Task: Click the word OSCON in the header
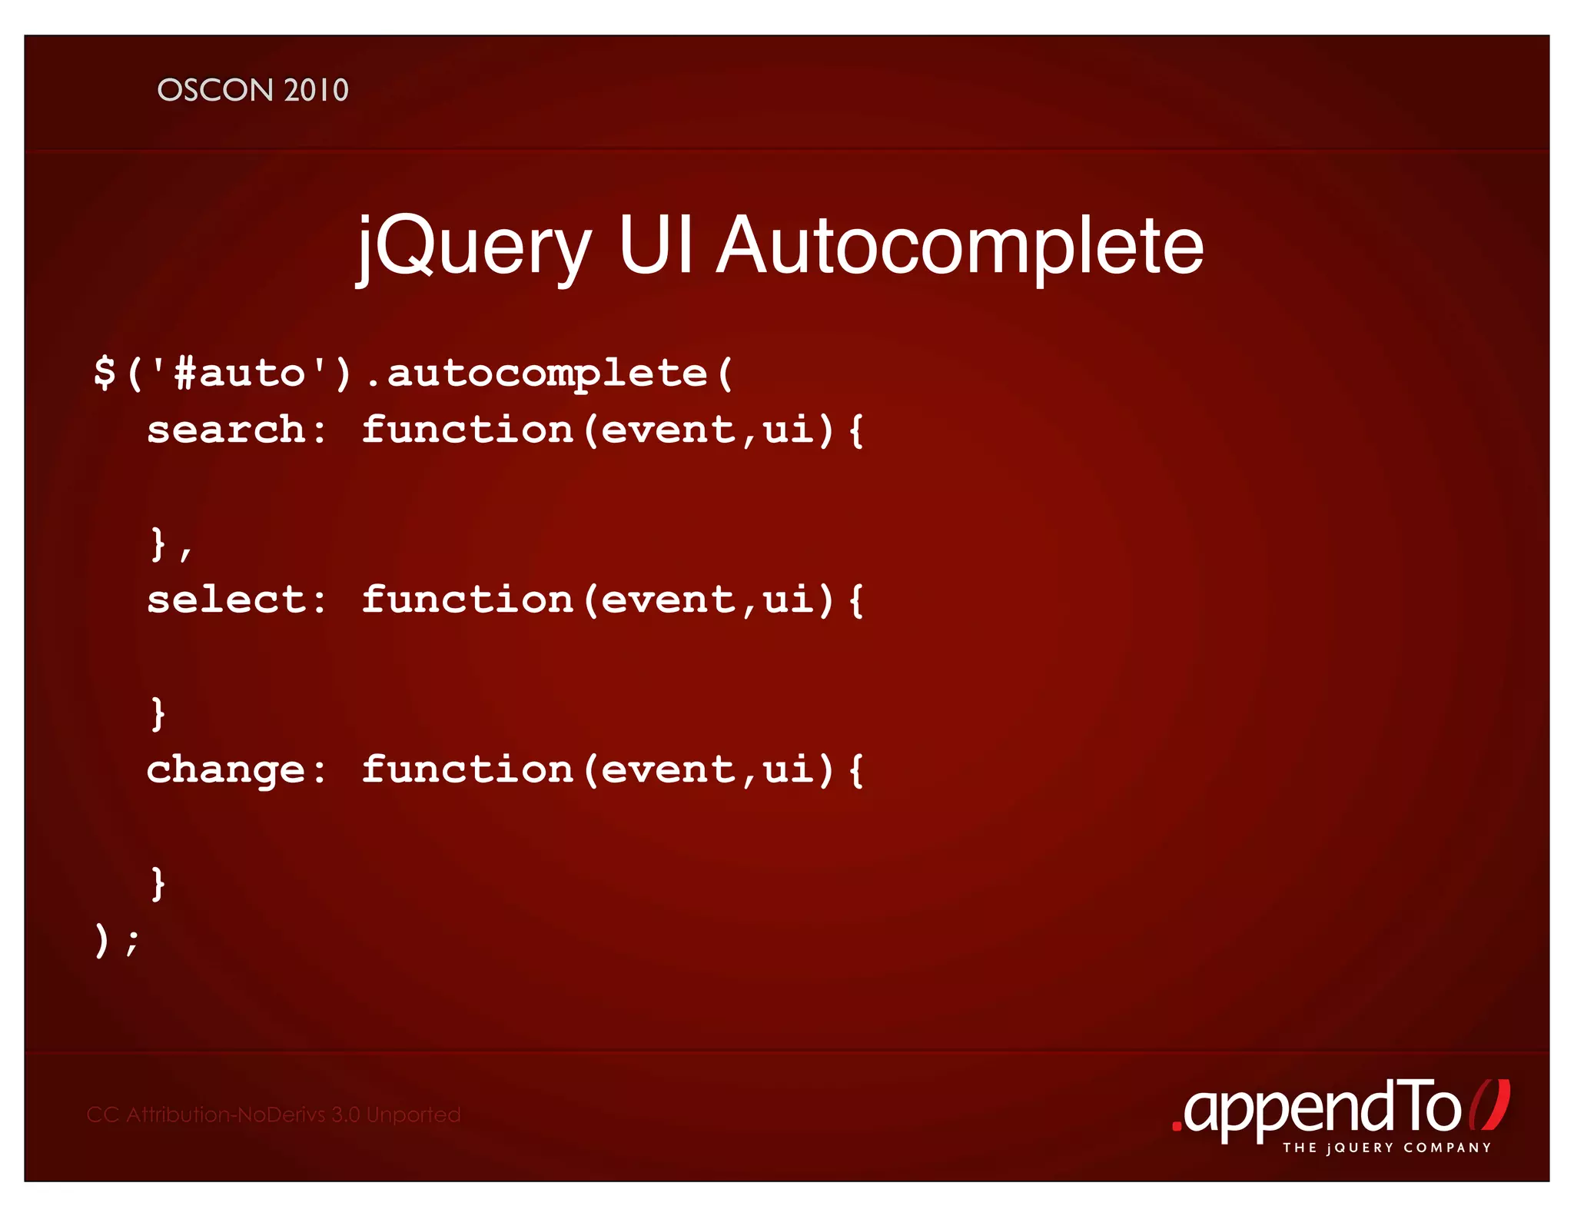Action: click(215, 91)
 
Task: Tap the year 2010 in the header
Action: click(316, 91)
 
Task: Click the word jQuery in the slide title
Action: click(473, 248)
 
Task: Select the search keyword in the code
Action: click(226, 430)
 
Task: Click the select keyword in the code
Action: click(226, 600)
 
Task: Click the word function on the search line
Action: click(467, 430)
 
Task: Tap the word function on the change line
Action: click(467, 770)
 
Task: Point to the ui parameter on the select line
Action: click(789, 600)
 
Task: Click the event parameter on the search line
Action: click(668, 430)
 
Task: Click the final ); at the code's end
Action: click(116, 940)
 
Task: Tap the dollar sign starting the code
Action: click(105, 374)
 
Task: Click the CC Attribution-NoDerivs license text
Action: click(274, 1115)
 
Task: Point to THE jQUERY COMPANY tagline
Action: click(1386, 1148)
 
